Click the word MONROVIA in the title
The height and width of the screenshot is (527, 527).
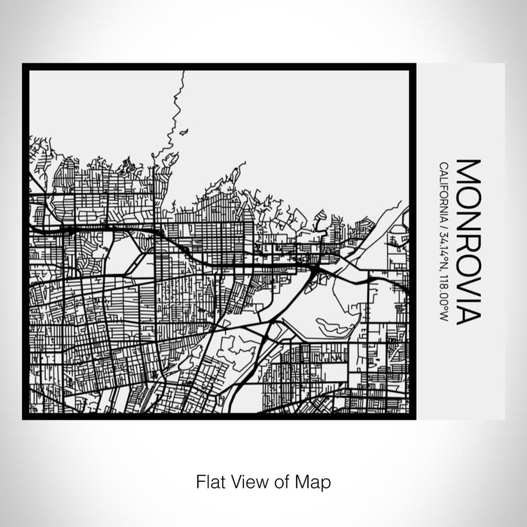pyautogui.click(x=467, y=241)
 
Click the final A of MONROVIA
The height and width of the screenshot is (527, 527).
pyautogui.click(x=467, y=313)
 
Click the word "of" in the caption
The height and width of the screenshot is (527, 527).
pyautogui.click(x=280, y=480)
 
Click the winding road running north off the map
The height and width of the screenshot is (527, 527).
pyautogui.click(x=178, y=105)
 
